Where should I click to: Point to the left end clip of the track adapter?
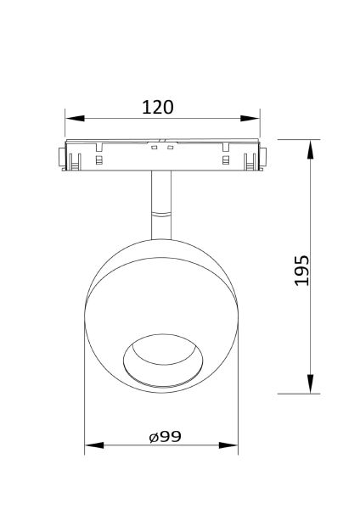(x=59, y=157)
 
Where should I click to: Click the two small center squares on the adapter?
(x=162, y=149)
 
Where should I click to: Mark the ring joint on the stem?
(x=161, y=212)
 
